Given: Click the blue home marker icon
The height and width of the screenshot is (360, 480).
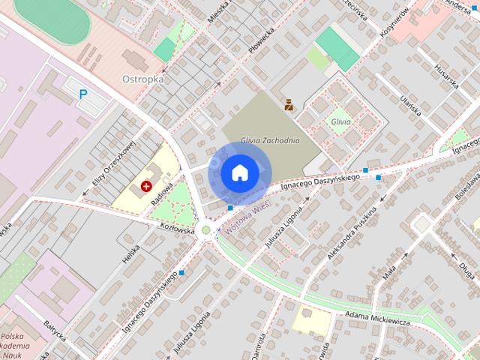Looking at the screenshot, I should click(239, 172).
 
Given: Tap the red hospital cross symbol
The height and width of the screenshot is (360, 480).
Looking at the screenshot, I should click(145, 185).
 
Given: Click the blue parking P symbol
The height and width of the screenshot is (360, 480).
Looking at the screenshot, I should click(83, 94).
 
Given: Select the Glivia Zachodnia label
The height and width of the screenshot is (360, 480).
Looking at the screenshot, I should click(270, 140).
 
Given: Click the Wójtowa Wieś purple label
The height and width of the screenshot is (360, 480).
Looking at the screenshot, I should click(247, 221).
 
